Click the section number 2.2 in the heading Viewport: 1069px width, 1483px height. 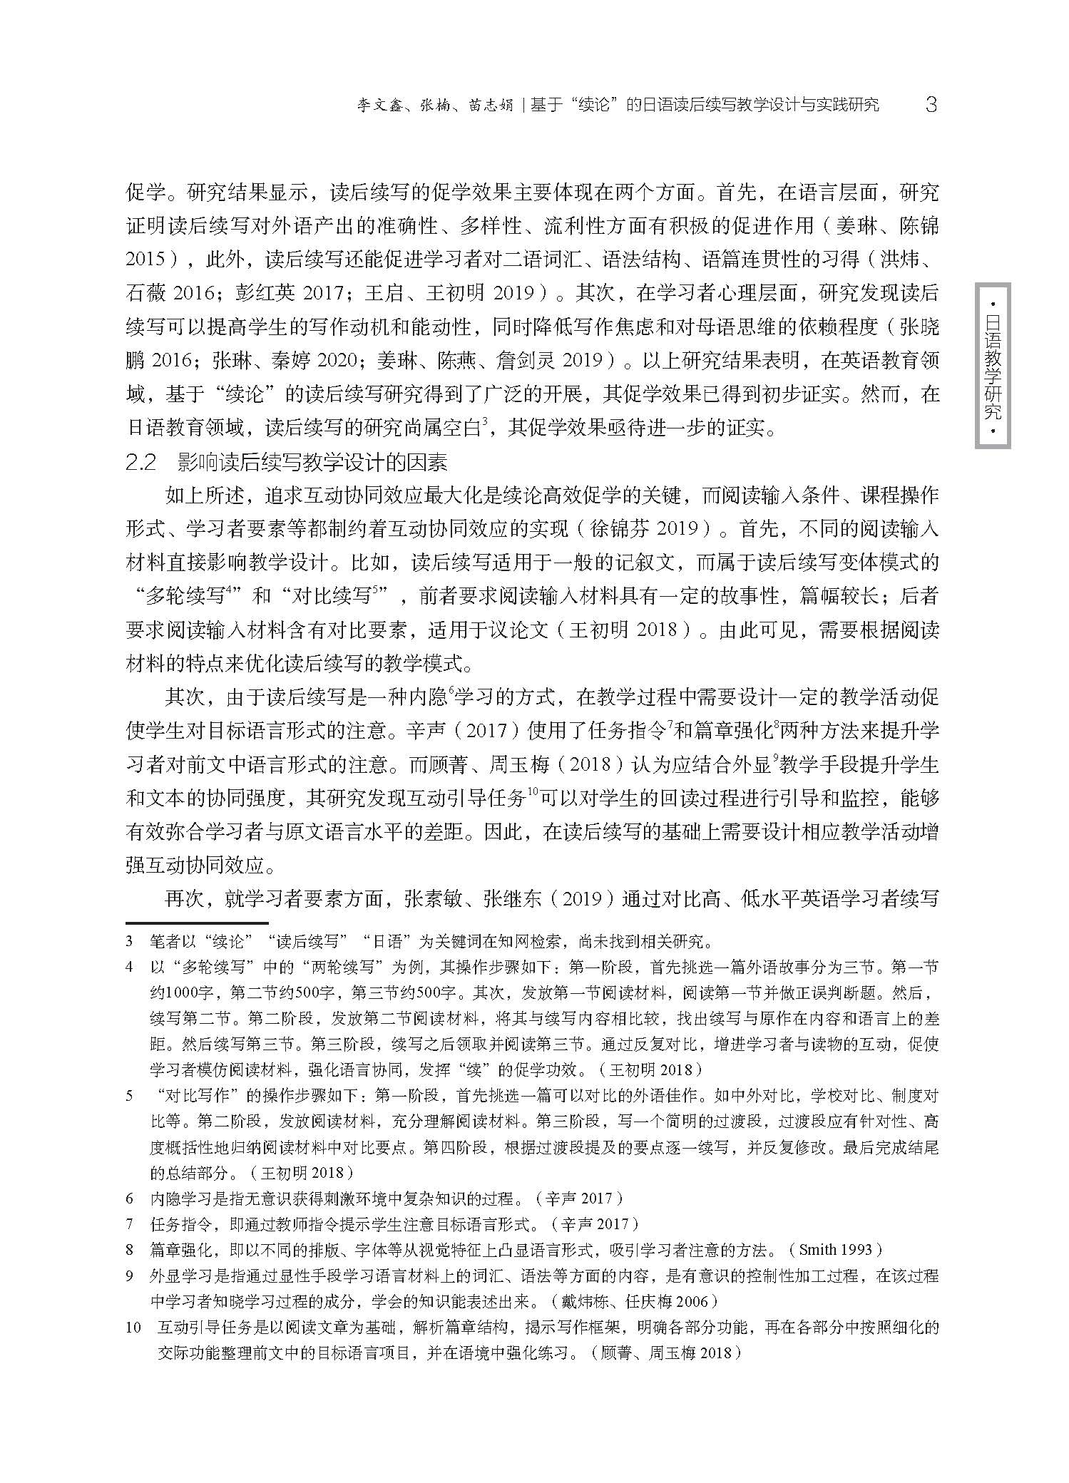140,463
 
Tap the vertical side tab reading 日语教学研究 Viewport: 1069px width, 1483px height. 992,366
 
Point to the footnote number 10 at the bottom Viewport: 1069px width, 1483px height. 133,1328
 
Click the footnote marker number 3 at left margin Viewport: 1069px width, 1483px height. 130,941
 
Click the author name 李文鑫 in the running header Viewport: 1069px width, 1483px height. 383,106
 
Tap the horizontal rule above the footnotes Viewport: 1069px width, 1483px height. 196,922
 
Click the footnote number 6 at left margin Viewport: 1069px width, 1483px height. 130,1199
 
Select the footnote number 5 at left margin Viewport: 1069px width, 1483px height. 130,1095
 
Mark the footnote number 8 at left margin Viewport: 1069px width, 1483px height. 130,1250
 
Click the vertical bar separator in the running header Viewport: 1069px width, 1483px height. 523,106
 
